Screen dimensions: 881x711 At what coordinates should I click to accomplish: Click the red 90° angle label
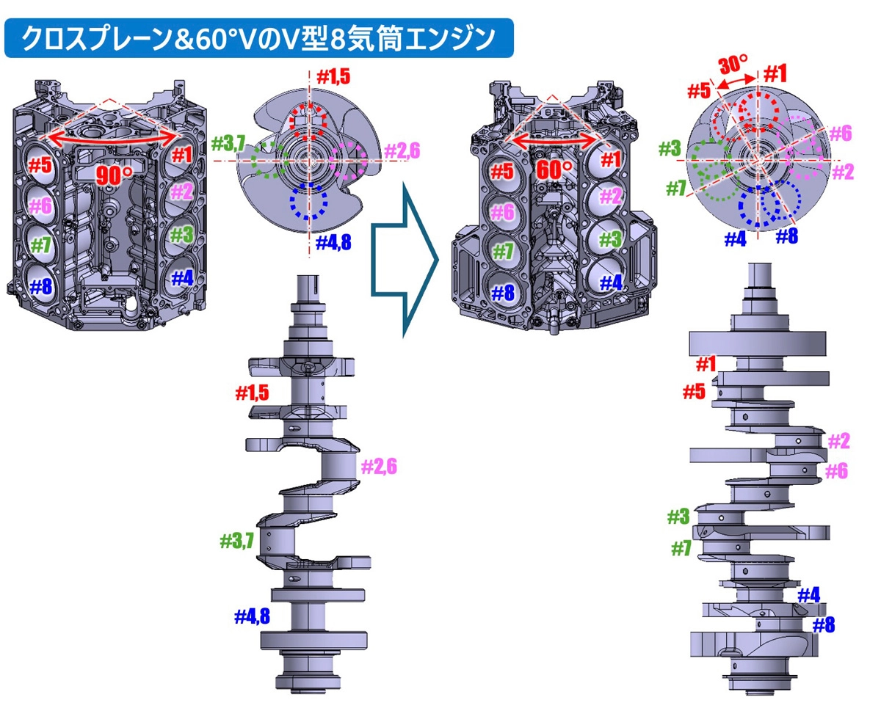pos(115,175)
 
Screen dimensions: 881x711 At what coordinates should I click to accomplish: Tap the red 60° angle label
pos(554,169)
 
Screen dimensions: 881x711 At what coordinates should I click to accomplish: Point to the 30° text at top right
pos(733,65)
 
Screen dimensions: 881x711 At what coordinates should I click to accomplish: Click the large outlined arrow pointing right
pos(405,260)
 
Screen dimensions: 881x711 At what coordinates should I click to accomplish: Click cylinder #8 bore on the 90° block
pos(40,285)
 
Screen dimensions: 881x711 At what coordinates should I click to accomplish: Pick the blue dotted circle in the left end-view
pos(308,201)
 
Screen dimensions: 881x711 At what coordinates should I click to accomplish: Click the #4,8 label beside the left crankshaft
pos(252,616)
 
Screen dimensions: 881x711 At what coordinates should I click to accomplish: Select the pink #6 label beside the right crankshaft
pos(836,471)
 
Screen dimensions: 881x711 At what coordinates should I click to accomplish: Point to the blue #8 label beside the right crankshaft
pos(824,625)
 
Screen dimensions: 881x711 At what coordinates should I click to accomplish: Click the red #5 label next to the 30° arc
pos(699,91)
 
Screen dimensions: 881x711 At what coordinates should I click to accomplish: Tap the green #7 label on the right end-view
pos(676,189)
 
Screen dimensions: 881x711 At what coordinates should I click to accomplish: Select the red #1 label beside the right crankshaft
pos(706,364)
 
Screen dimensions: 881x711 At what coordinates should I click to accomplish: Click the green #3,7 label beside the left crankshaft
pos(236,541)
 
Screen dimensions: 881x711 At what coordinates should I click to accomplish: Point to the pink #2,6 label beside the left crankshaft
pos(379,467)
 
